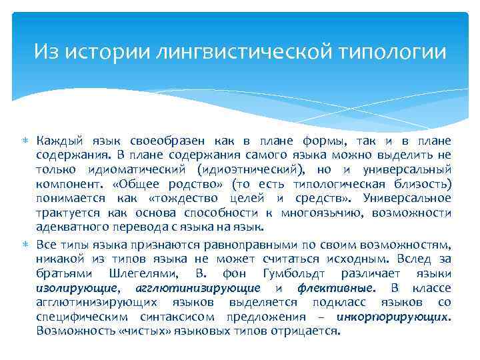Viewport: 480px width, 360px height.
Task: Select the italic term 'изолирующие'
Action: click(77, 288)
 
